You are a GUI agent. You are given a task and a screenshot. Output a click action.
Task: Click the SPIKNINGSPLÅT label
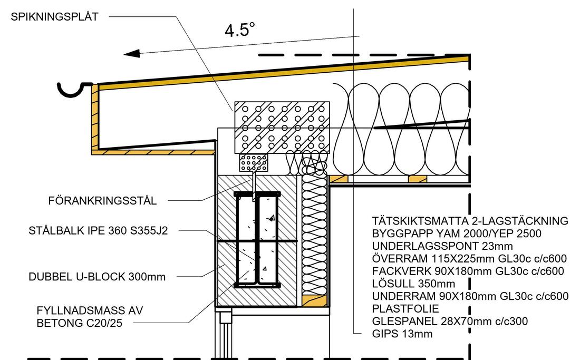pyautogui.click(x=54, y=17)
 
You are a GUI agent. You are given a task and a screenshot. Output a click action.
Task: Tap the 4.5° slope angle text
pyautogui.click(x=240, y=30)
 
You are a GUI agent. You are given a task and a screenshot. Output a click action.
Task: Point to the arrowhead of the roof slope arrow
pyautogui.click(x=132, y=54)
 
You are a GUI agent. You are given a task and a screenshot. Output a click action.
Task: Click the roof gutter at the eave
pyautogui.click(x=74, y=90)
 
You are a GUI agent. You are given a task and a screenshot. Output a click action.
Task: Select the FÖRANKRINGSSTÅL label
pyautogui.click(x=102, y=201)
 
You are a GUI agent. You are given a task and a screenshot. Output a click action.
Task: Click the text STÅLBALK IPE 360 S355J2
pyautogui.click(x=98, y=231)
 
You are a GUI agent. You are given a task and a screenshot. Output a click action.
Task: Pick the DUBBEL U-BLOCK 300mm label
pyautogui.click(x=97, y=277)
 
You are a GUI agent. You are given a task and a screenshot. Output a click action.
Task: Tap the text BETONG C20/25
pyautogui.click(x=79, y=323)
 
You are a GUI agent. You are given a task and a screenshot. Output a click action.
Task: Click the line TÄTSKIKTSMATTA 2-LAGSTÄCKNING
pyautogui.click(x=470, y=221)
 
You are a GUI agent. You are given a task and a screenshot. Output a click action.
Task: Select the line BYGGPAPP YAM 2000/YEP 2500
pyautogui.click(x=457, y=233)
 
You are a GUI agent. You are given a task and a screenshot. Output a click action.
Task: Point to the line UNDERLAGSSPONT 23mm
pyautogui.click(x=442, y=246)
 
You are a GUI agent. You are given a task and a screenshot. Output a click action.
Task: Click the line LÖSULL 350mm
pyautogui.click(x=413, y=284)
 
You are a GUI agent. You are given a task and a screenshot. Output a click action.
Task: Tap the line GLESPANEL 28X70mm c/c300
pyautogui.click(x=450, y=321)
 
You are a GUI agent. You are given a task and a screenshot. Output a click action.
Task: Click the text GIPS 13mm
pyautogui.click(x=402, y=334)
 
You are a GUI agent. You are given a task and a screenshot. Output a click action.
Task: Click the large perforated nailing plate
pyautogui.click(x=282, y=128)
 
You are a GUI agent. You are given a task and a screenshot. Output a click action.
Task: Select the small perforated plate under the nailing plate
pyautogui.click(x=254, y=163)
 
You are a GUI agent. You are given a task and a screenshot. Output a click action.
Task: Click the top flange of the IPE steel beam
pyautogui.click(x=257, y=194)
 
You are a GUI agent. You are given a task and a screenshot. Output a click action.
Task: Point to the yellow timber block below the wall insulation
pyautogui.click(x=314, y=300)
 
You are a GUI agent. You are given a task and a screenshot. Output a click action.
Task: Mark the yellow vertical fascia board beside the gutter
pyautogui.click(x=95, y=117)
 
